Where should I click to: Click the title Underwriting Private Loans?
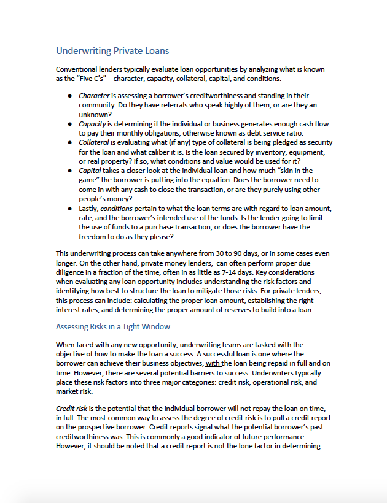112,50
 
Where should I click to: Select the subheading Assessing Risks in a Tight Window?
113,326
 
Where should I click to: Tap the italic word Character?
94,96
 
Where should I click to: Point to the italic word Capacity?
93,124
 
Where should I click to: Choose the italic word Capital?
90,170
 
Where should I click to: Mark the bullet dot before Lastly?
71,209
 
